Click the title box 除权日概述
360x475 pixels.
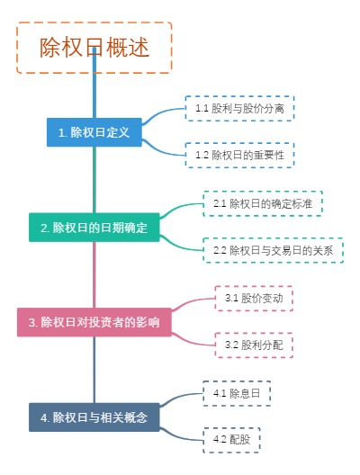(94, 48)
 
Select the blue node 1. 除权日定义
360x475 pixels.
(94, 131)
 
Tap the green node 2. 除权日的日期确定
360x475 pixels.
(94, 228)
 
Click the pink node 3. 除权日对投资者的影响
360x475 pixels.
(94, 321)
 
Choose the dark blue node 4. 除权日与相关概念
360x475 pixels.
(94, 417)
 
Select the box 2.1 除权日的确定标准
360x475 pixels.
(262, 203)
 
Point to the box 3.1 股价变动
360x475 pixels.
(255, 297)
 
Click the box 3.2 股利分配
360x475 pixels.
(255, 344)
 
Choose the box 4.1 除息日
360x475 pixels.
(237, 393)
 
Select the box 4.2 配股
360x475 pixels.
(231, 440)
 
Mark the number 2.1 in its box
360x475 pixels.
(220, 203)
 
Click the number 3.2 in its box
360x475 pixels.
(230, 344)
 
